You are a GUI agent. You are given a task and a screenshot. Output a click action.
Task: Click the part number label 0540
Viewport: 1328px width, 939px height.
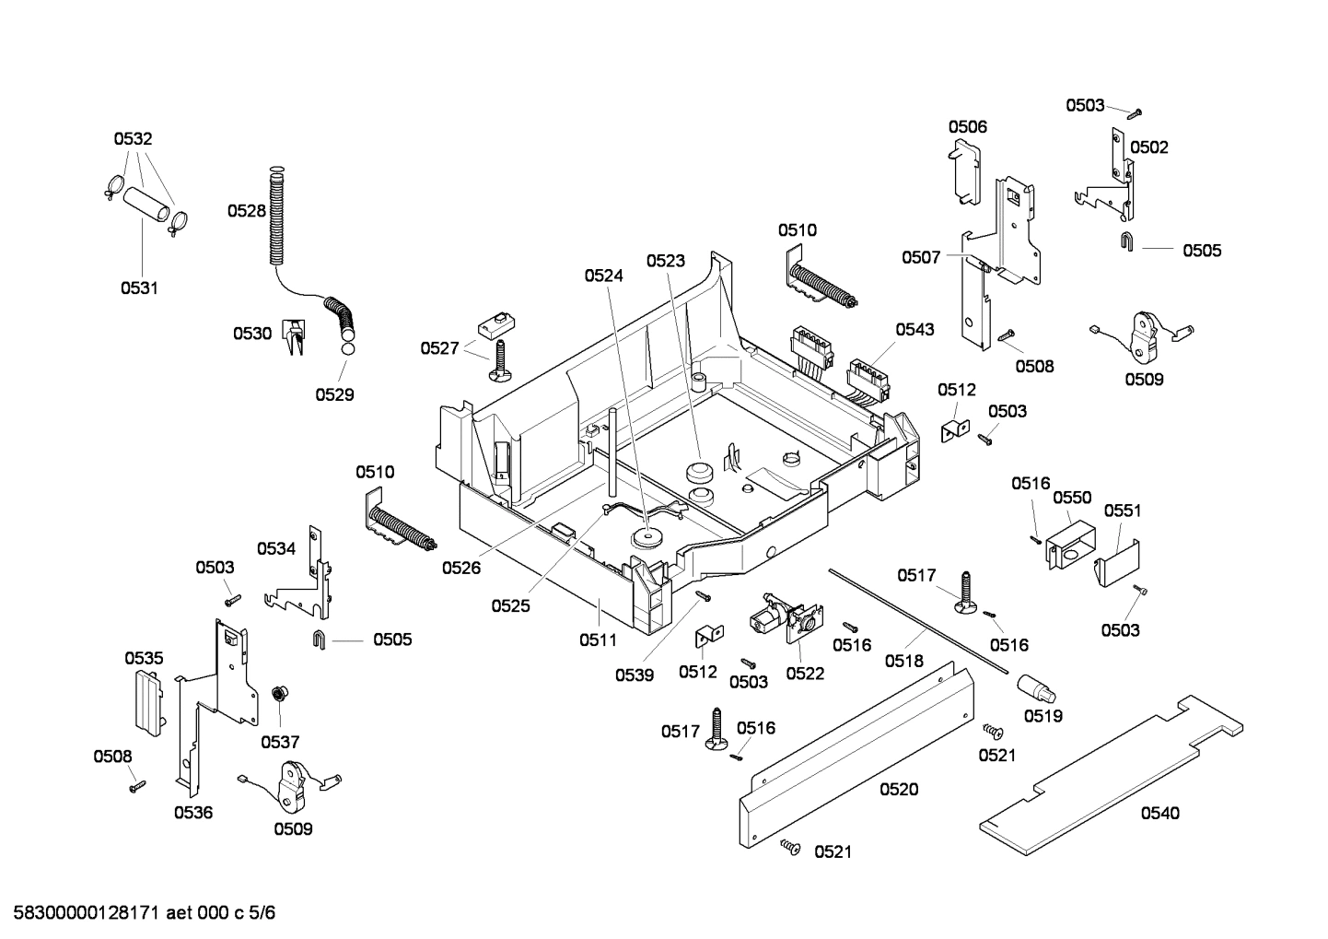[x=1159, y=813]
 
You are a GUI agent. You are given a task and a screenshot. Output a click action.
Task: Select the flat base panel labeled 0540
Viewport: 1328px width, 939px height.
[x=1105, y=774]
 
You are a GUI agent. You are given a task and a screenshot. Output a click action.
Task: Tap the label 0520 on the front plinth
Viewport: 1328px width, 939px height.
[x=899, y=790]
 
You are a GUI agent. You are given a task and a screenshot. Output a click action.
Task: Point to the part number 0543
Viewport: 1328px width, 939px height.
[x=914, y=329]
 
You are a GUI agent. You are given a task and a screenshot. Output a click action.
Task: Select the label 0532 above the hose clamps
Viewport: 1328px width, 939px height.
[x=133, y=139]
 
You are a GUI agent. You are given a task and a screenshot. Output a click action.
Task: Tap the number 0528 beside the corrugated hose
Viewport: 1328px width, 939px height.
[x=247, y=211]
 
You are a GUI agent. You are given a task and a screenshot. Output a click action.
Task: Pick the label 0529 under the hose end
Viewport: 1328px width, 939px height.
[x=334, y=394]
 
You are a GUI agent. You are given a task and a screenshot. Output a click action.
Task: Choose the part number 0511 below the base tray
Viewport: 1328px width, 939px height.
[x=598, y=639]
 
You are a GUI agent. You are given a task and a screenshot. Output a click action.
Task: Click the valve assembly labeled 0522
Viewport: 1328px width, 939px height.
[x=783, y=620]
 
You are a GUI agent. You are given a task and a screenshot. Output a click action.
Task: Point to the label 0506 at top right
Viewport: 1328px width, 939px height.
[x=968, y=127]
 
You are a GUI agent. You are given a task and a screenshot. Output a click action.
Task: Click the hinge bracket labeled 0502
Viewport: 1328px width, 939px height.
[x=1114, y=180]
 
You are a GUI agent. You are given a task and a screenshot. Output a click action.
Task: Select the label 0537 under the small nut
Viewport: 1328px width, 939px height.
[x=280, y=742]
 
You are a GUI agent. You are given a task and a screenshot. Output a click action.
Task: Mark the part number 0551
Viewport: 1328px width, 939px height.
[x=1123, y=511]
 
